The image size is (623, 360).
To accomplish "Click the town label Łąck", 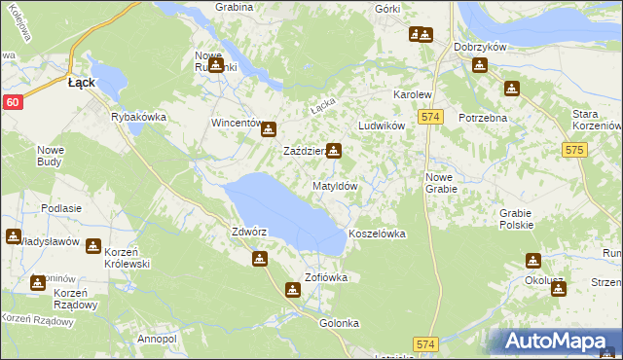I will point(81,83).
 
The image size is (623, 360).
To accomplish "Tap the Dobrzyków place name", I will point(476,47).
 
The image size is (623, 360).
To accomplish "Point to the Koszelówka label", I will point(376,234).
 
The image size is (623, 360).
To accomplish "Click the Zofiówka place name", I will point(326,277).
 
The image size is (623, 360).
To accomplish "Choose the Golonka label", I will point(340,323).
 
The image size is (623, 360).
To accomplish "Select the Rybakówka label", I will point(139,117).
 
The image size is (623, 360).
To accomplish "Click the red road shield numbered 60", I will point(13,101).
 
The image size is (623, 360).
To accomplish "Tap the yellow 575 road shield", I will point(573,150).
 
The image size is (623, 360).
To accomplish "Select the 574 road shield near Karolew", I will point(432,117).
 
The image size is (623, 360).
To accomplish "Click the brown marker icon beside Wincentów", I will point(269,128).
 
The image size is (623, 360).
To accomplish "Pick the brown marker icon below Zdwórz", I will point(260,259).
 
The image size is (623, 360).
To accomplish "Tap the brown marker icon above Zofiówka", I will point(293,289).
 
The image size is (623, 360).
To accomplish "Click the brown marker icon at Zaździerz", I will point(334,151).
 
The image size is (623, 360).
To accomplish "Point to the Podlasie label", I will point(60,208).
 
